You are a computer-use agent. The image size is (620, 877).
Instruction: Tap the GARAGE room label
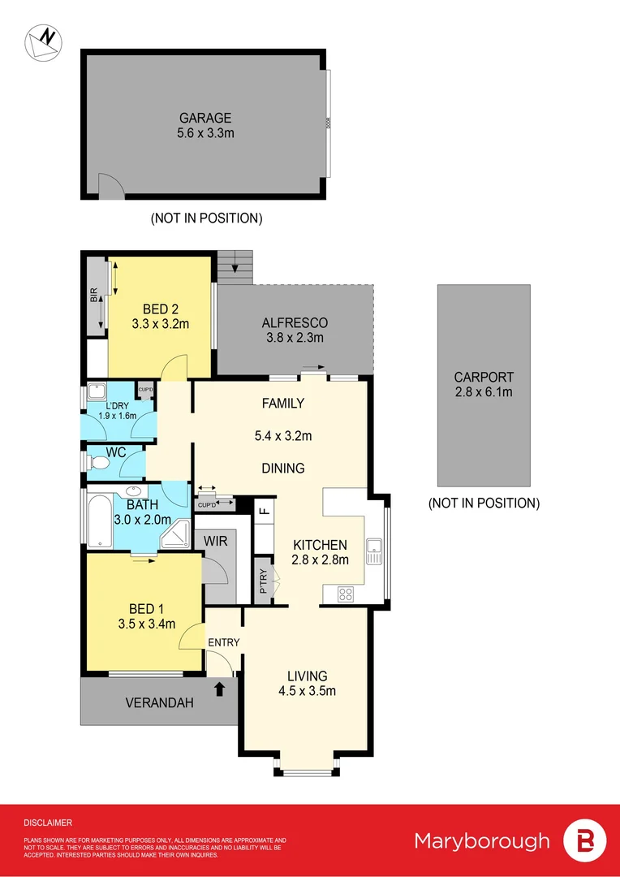(x=206, y=118)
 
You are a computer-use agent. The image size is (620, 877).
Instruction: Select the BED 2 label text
(x=160, y=309)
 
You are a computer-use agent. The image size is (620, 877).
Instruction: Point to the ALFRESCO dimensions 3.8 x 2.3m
(x=294, y=339)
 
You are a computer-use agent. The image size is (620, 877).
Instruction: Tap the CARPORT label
(x=484, y=377)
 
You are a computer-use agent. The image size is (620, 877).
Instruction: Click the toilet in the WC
(x=98, y=462)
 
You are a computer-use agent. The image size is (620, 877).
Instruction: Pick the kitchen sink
(x=373, y=551)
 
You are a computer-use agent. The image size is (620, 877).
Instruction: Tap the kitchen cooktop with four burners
(x=345, y=594)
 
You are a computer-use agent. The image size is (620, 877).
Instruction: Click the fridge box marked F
(x=264, y=512)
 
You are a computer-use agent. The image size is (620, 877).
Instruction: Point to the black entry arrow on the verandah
(x=218, y=690)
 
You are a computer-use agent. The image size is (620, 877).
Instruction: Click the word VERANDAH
(x=159, y=703)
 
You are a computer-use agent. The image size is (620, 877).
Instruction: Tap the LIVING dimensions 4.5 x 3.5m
(x=306, y=692)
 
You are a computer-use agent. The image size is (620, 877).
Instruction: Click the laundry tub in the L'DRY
(x=97, y=391)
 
